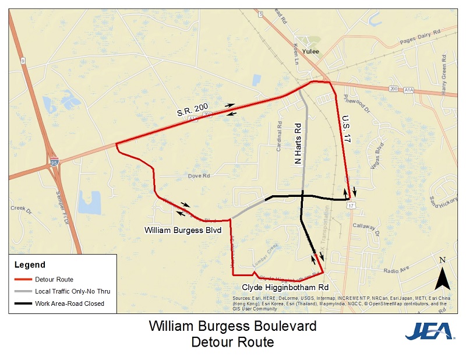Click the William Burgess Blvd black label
[183, 230]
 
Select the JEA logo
[430, 331]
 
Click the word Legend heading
[30, 265]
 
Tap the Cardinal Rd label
[279, 140]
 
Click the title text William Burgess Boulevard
[232, 326]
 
